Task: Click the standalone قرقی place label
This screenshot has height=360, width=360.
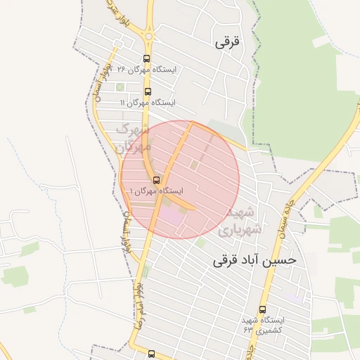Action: point(226,41)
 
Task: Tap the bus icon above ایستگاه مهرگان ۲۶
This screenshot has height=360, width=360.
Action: point(146,59)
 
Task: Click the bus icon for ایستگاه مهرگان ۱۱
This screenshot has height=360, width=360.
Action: point(147,91)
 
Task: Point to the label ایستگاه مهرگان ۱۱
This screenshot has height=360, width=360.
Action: point(148,103)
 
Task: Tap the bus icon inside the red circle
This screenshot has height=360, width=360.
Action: point(156,179)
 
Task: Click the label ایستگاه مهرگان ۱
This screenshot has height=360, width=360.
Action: point(156,191)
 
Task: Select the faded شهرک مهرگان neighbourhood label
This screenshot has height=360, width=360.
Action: point(133,138)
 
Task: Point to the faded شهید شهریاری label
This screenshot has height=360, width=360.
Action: point(240,220)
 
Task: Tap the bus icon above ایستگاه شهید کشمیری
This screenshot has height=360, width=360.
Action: point(262,309)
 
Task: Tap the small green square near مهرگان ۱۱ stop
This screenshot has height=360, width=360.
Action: point(120,87)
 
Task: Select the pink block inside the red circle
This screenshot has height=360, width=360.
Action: point(172,214)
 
